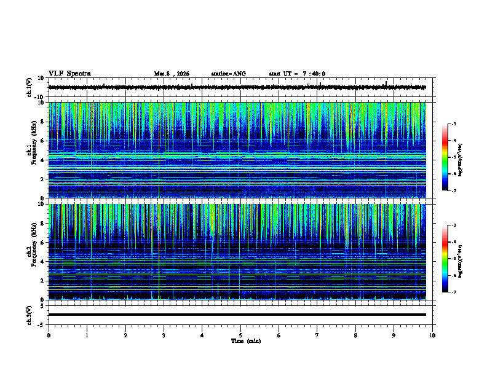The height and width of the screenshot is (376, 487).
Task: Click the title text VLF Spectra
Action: pos(69,73)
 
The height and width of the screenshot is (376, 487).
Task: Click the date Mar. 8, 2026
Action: pos(172,74)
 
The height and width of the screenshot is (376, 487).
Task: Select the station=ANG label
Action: pos(228,74)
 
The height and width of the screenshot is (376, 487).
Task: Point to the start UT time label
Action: pos(297,74)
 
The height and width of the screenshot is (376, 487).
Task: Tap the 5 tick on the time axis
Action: pos(240,335)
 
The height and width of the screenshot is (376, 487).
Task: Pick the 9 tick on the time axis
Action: pos(394,335)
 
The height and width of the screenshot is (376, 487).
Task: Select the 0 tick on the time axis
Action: pos(49,335)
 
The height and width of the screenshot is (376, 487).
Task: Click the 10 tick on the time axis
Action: pos(432,335)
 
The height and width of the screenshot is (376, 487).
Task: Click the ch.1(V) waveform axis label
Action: pos(30,87)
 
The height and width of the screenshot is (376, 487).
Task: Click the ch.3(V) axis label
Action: pos(30,314)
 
